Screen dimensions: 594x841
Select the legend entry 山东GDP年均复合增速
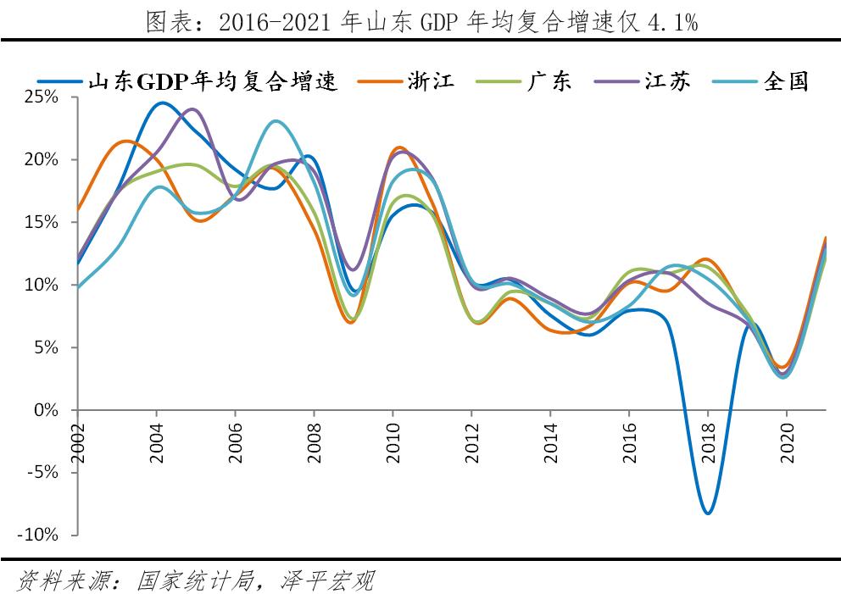213,80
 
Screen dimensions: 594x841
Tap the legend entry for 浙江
431,80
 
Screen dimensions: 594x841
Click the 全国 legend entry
785,80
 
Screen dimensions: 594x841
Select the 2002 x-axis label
79,442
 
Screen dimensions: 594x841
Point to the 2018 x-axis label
708,442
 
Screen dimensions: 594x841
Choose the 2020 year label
787,442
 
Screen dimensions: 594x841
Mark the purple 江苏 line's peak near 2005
192,109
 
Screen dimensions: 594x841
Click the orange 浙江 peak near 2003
125,141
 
